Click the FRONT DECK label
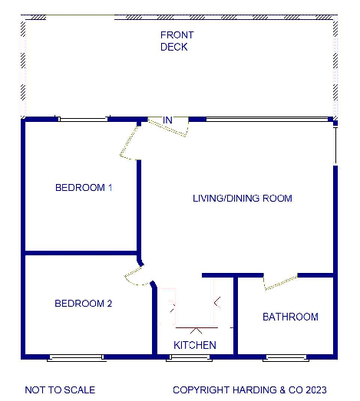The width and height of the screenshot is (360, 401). coord(177,41)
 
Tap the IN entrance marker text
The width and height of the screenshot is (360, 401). coord(168,120)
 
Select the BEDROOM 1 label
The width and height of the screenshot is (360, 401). coord(84,188)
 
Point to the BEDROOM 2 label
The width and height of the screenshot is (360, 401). coord(84,304)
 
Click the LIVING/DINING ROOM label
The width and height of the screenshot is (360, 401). coord(242,199)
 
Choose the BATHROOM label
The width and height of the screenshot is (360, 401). coord(290,317)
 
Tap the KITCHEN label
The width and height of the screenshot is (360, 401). coord(194,345)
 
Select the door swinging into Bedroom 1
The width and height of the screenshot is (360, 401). coord(128,142)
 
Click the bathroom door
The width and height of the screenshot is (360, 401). coord(280,282)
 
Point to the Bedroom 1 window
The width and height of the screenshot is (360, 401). coord(83,119)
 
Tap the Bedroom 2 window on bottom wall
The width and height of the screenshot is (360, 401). coord(76,357)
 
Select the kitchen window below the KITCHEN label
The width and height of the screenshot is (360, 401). coord(193,357)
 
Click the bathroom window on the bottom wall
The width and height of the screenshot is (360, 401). coord(286,357)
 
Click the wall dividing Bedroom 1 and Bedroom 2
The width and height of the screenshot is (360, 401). coord(81,252)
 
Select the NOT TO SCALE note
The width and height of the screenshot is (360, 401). coord(60,389)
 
